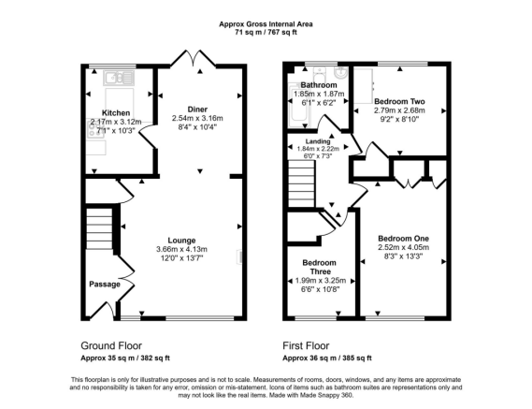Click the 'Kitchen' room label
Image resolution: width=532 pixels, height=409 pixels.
[x=116, y=111]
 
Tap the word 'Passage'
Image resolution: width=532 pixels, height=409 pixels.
[x=103, y=283]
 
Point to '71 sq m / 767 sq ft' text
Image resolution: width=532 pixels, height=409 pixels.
[x=266, y=31]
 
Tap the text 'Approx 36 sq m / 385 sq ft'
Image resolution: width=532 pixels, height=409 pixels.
[x=326, y=358]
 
